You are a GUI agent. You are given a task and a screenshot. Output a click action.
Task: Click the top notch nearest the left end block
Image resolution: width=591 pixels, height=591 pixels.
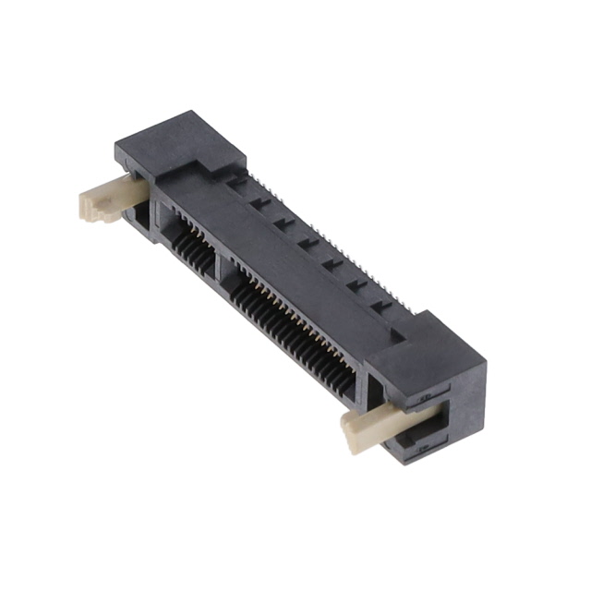click(x=238, y=182)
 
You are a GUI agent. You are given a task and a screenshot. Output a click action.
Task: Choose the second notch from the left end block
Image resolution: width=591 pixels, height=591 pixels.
click(x=261, y=201)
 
